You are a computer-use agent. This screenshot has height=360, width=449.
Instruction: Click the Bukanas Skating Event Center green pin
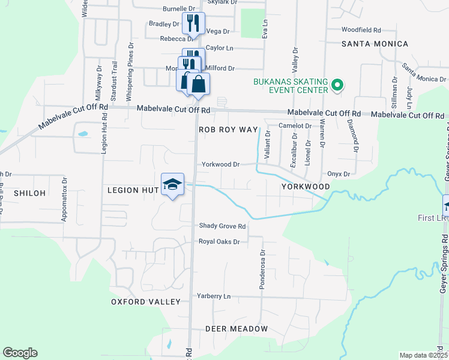point(337,85)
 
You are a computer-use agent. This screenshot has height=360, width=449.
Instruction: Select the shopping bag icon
point(198,83)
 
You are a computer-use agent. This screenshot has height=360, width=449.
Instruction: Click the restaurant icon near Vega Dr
point(193,23)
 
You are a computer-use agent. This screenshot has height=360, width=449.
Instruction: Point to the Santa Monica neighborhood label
point(375,44)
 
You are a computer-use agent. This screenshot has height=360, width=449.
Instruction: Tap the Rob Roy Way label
point(228,130)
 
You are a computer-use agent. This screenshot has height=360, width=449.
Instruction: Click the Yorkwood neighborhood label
point(306,187)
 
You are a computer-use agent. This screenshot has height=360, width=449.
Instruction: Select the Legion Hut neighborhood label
point(132,190)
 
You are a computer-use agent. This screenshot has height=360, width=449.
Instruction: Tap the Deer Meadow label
point(237,329)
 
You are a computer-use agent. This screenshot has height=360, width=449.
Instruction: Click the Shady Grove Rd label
point(223,226)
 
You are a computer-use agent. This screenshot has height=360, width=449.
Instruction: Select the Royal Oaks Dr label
point(220,242)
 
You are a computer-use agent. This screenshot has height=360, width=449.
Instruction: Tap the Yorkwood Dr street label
point(220,164)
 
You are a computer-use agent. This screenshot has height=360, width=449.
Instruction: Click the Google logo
point(20,353)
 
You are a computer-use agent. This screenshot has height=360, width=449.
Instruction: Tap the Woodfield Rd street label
point(361,29)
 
